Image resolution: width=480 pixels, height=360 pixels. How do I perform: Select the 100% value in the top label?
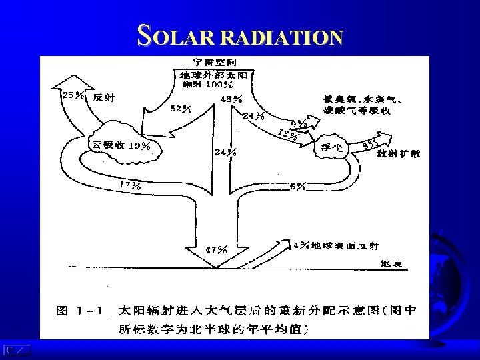(219, 85)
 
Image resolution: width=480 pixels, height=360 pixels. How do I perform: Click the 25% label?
(73, 96)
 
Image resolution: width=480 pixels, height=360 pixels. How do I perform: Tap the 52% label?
(182, 108)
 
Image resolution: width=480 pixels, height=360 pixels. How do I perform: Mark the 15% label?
(287, 132)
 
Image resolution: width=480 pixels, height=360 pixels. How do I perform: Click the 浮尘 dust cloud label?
(331, 149)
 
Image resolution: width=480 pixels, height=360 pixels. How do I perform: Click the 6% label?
(298, 186)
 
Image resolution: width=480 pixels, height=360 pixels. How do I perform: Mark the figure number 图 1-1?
(78, 311)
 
